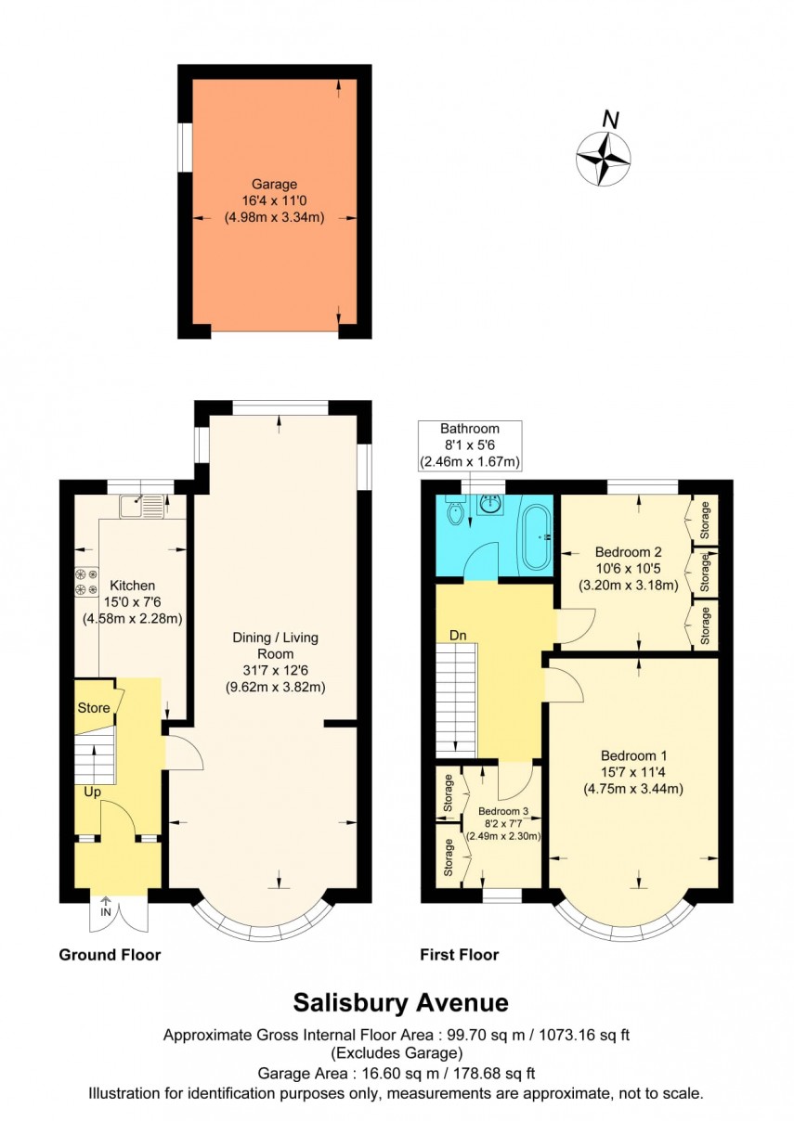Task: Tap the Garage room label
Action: tap(274, 185)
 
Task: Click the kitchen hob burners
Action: tap(86, 582)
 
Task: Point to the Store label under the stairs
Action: tap(94, 708)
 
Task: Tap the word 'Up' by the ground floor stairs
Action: tap(92, 792)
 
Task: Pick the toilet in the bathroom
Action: tap(455, 512)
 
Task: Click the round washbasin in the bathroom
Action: tap(490, 506)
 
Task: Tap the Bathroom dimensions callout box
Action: tap(470, 445)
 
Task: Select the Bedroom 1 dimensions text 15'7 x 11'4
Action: tap(632, 772)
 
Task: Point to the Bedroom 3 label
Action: tap(501, 810)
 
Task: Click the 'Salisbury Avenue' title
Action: tap(400, 1002)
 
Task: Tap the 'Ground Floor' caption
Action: tap(110, 955)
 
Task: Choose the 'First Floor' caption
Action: tap(460, 955)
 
